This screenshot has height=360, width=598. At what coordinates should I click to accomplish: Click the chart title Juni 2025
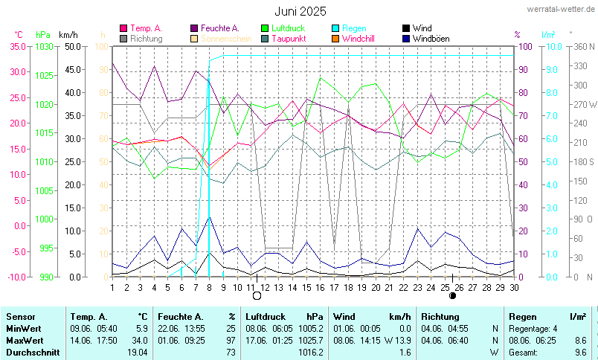300,11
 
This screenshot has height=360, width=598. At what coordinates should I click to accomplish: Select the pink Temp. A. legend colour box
123,28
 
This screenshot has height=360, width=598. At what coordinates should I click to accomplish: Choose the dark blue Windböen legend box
405,39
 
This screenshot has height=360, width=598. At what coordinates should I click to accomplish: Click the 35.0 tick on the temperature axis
18,46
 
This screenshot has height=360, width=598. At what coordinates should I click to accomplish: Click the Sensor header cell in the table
20,317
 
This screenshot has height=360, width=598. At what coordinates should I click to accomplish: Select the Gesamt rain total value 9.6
580,352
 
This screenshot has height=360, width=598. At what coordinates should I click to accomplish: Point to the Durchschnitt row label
33,352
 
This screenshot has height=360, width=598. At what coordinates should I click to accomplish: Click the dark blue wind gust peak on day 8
210,217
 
